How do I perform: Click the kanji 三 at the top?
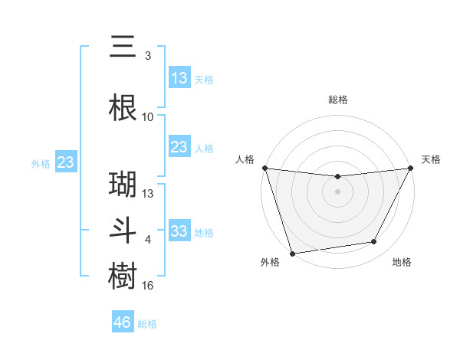[x=123, y=47]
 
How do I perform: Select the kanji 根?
[x=123, y=108]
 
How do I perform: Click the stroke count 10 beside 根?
[x=148, y=117]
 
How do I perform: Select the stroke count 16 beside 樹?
[x=148, y=286]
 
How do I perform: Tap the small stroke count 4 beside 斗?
[x=148, y=240]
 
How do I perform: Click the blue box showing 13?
[x=179, y=78]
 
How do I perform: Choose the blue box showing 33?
[x=179, y=231]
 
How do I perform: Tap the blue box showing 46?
[x=123, y=322]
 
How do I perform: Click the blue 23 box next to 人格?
[x=179, y=147]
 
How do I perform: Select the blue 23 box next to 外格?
[x=66, y=162]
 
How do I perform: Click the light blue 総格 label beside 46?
[x=147, y=324]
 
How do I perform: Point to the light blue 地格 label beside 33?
[x=204, y=233]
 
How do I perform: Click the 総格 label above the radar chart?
[x=337, y=100]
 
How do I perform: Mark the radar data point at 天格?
[x=410, y=168]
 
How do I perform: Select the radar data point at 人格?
[x=264, y=168]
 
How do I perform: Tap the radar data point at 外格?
[x=292, y=253]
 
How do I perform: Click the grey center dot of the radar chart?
[x=337, y=191]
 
